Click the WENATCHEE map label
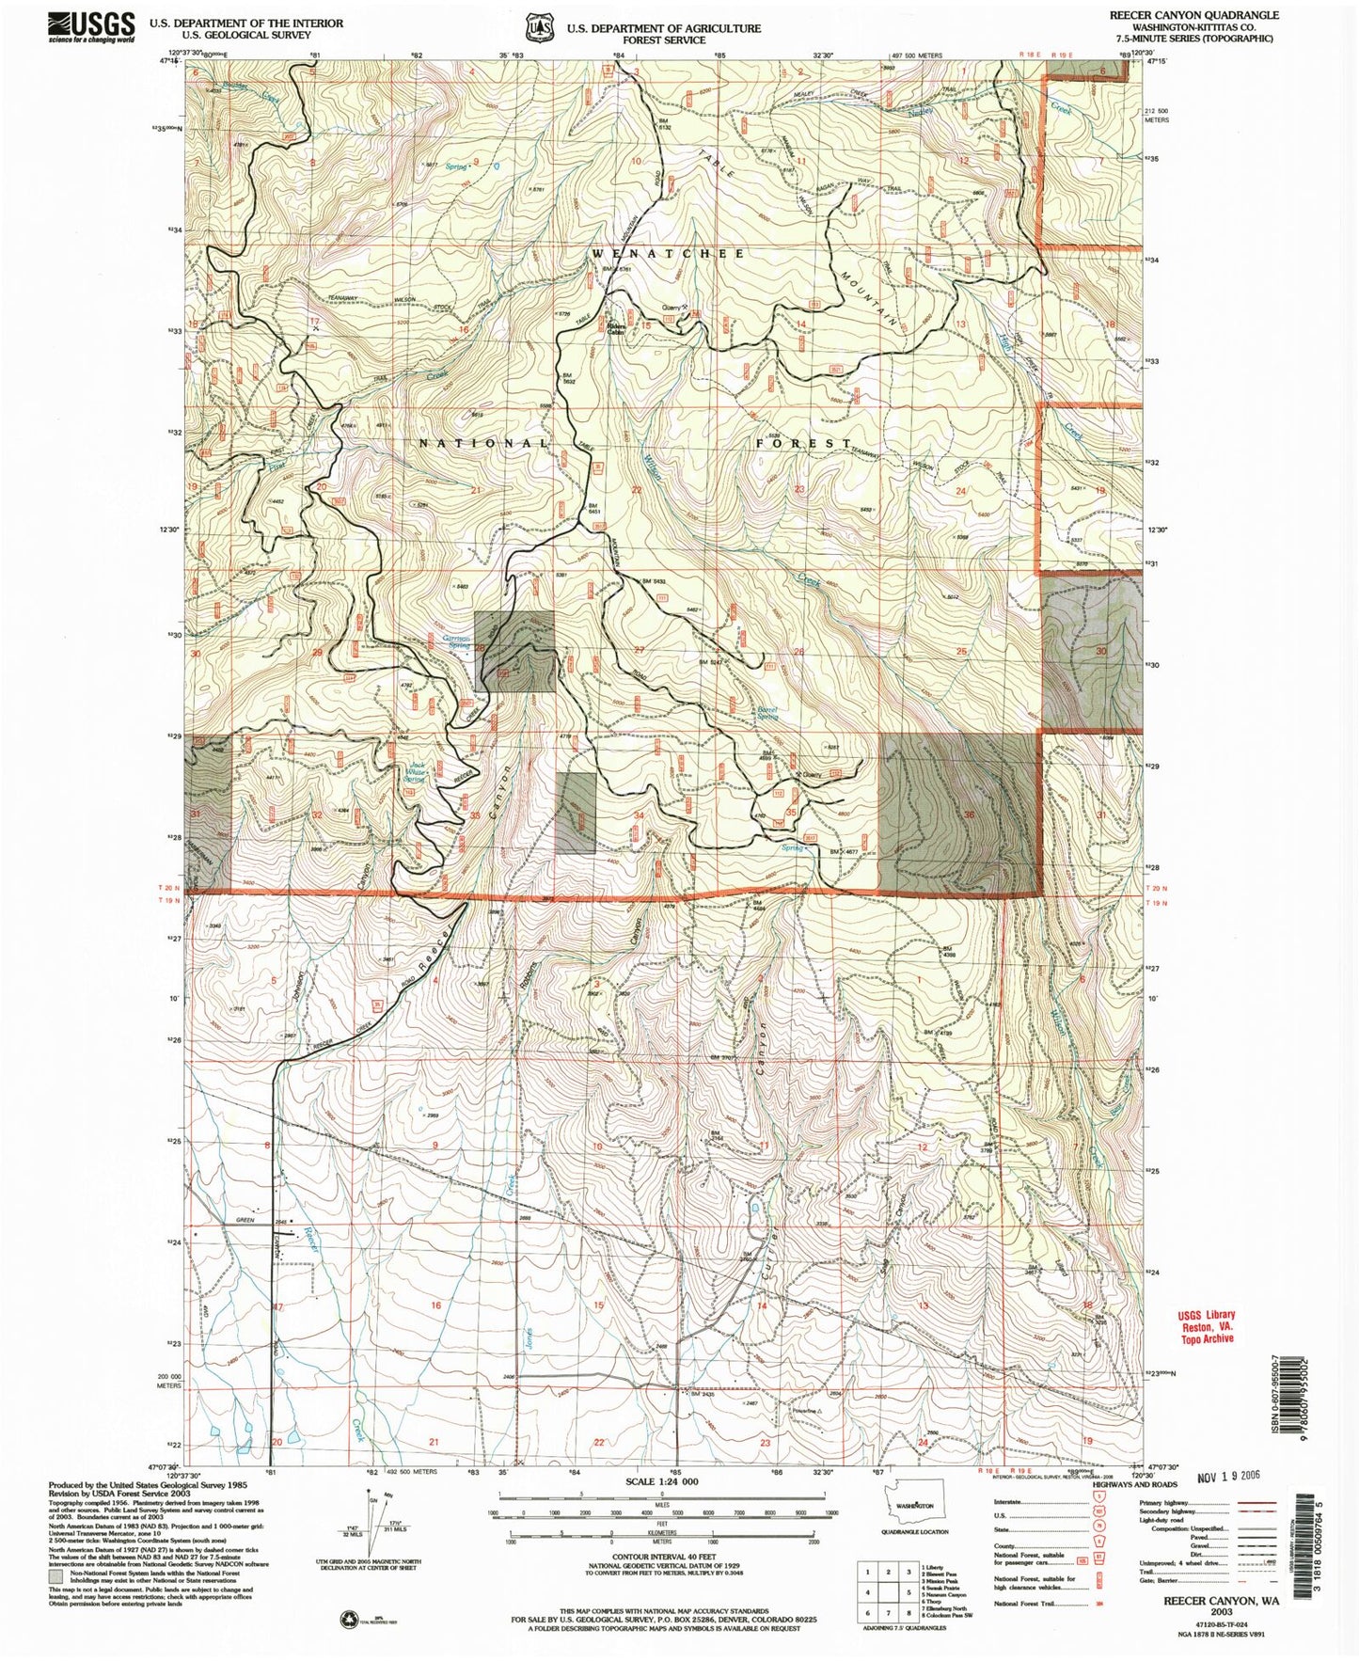tap(669, 254)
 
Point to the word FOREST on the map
tap(804, 442)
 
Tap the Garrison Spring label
tap(457, 640)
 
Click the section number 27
tap(640, 650)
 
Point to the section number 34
tap(640, 815)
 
